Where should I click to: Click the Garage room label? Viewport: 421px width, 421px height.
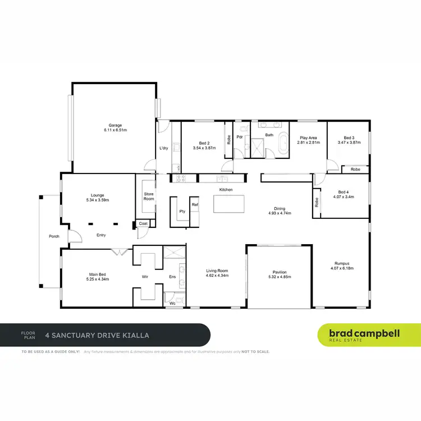pos(115,125)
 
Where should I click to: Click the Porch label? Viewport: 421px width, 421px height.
pos(54,236)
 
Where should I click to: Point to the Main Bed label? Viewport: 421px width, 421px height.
pos(97,273)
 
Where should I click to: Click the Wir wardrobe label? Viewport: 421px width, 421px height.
pos(145,276)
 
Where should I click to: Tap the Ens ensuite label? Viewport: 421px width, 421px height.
pos(172,276)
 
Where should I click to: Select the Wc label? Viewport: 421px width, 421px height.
pos(172,303)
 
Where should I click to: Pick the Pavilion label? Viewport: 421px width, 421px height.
pos(280,272)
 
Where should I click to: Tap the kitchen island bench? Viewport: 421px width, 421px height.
pos(229,204)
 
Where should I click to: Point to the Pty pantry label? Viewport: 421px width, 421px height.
pos(182,211)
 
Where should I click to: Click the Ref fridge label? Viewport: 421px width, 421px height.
pos(195,205)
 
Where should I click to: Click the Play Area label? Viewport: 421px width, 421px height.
pos(308,138)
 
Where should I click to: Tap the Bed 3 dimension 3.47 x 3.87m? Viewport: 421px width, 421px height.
pos(348,143)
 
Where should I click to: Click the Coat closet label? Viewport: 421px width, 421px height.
pos(143,223)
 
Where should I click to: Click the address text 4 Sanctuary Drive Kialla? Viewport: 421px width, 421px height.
pos(100,336)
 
